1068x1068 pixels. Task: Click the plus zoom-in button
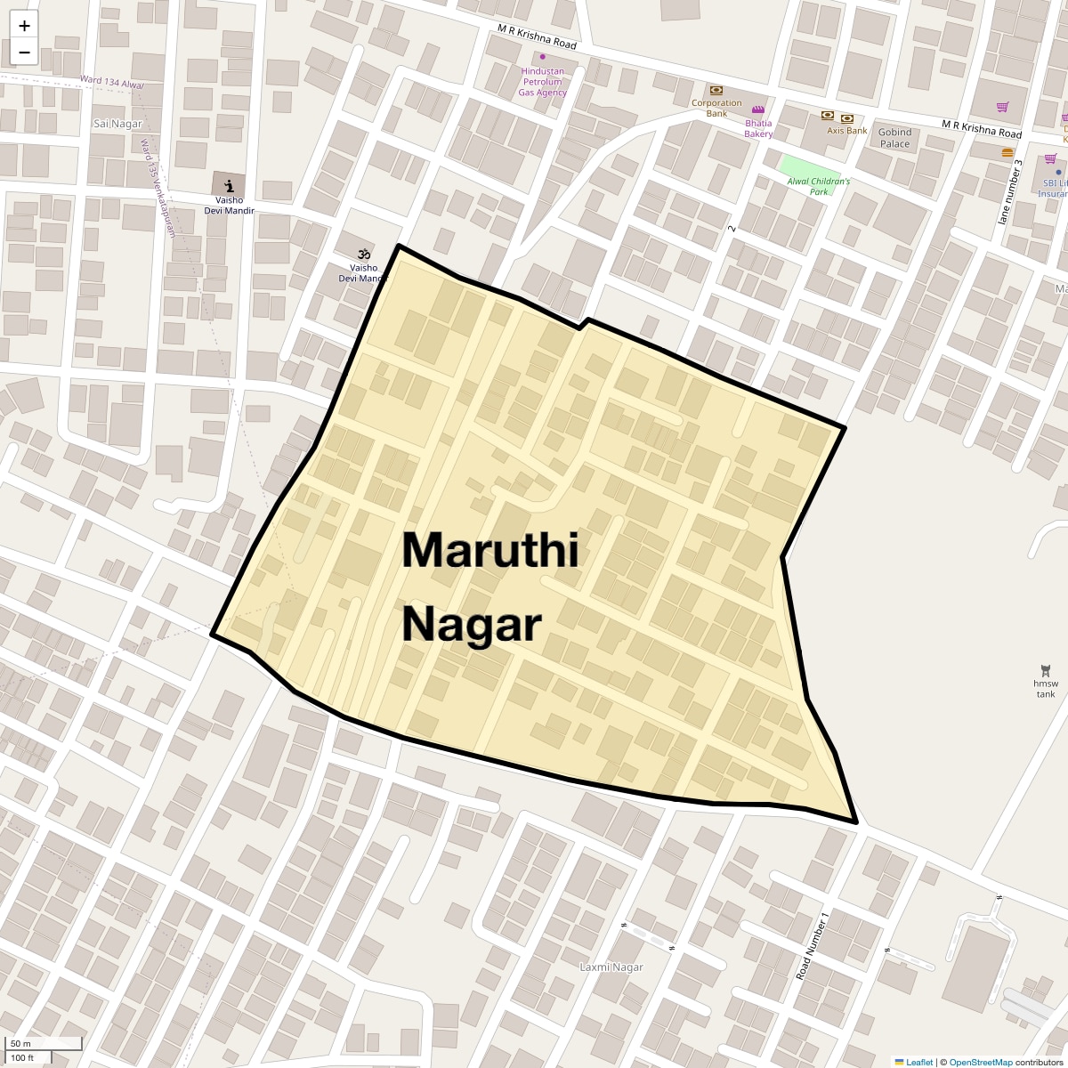[24, 26]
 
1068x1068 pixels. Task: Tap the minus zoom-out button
[24, 52]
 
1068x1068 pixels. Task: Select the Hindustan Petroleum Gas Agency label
[542, 82]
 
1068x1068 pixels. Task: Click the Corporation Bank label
[716, 108]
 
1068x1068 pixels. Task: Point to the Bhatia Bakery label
[758, 128]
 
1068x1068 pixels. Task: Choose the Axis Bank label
[846, 130]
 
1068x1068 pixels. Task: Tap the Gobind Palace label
[894, 138]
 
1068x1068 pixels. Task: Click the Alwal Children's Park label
[818, 186]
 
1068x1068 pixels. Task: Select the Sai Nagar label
[118, 124]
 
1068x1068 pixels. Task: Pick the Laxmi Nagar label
[611, 967]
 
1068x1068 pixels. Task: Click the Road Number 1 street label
[812, 946]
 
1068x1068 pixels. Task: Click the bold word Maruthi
[490, 550]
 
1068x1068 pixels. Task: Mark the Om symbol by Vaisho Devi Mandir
[363, 254]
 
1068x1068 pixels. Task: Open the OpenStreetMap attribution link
[980, 1062]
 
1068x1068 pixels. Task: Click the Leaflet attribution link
[918, 1062]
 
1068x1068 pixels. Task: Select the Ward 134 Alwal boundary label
[111, 82]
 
